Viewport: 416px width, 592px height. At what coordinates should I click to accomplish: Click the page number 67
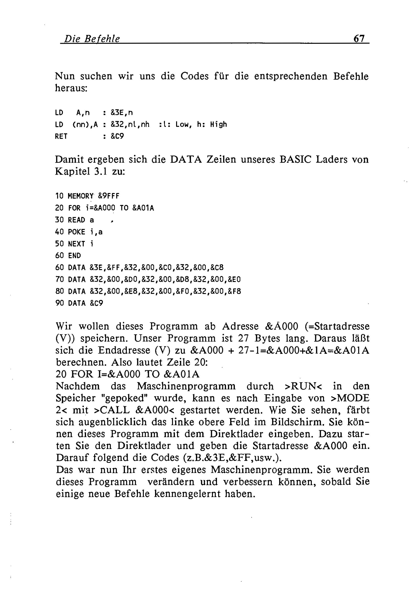point(359,39)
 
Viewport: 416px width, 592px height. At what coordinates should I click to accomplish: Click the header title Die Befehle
point(92,39)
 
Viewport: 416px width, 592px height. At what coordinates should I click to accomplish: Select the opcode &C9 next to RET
point(117,136)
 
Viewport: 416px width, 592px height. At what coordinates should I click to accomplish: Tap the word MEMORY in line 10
point(81,196)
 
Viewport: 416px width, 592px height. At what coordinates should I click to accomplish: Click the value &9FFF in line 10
point(109,196)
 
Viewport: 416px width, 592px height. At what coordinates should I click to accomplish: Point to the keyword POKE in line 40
point(76,232)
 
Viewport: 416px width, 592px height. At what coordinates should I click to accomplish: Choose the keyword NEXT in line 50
point(76,244)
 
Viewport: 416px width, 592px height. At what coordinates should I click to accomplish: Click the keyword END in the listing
point(75,255)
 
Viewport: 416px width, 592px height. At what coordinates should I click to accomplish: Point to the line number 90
point(59,303)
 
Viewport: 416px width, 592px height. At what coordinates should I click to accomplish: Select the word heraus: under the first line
point(71,88)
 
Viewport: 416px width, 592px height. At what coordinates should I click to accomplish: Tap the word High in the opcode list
point(218,125)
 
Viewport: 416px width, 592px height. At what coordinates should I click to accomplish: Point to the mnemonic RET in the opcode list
point(61,136)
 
